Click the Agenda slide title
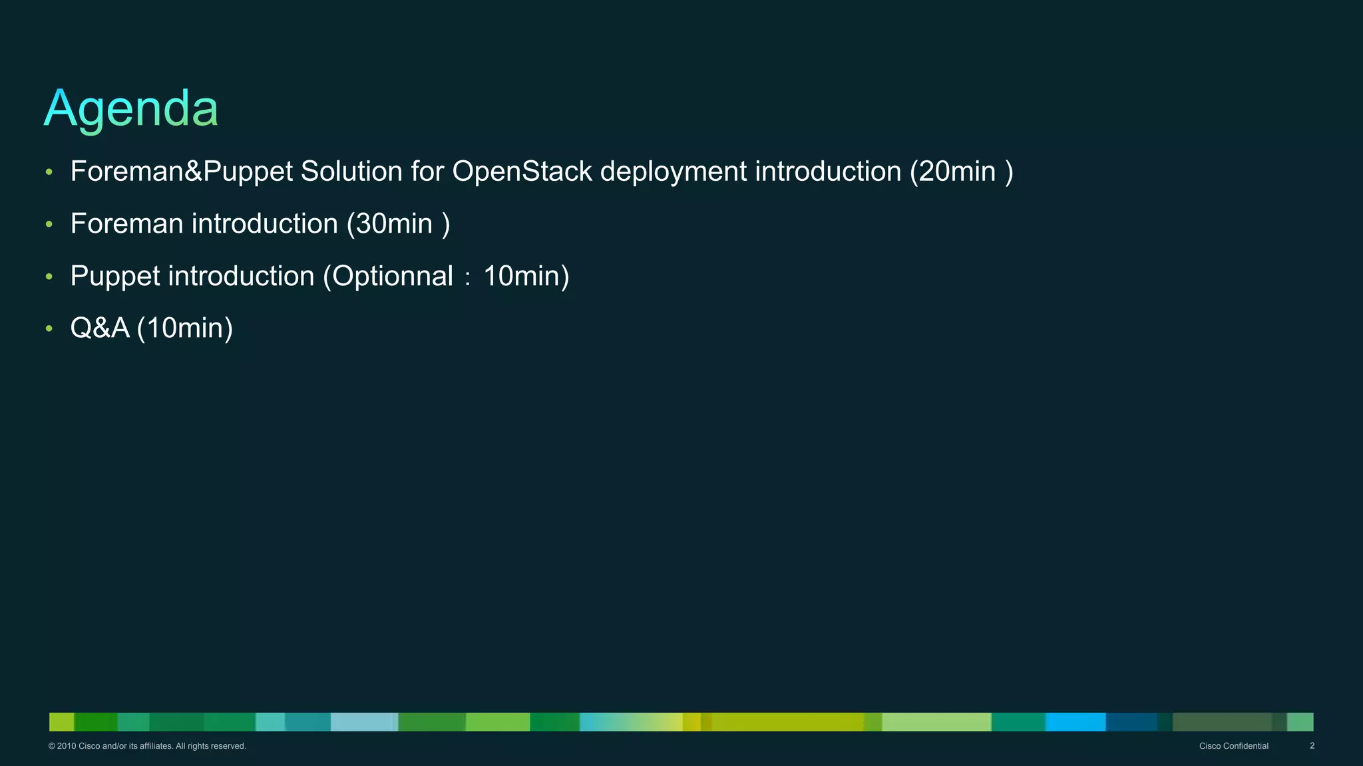pos(131,108)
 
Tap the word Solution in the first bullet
pos(351,172)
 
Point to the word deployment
pos(673,172)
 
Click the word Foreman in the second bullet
pos(126,224)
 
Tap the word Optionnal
pos(393,276)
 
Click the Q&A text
pos(100,328)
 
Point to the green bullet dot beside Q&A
pos(49,328)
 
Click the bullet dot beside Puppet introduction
pos(49,277)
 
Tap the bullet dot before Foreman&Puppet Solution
pos(49,172)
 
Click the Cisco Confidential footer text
pos(1233,746)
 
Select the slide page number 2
pos(1312,746)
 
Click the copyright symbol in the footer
pos(51,746)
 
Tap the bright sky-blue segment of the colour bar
pos(1075,722)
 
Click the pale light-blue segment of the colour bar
pos(363,722)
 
